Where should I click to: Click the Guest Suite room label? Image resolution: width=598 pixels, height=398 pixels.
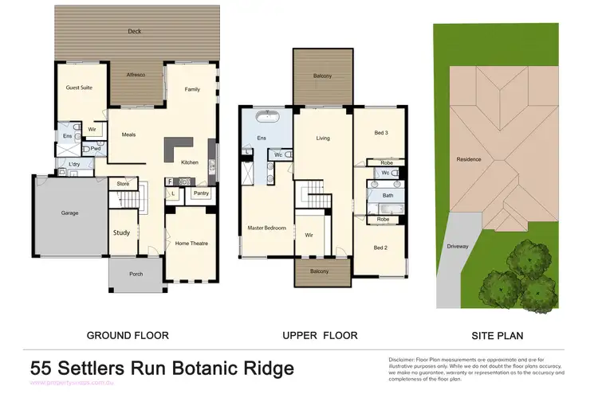[79, 88]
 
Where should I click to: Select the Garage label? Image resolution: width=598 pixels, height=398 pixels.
[69, 213]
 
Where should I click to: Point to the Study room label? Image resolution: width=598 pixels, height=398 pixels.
[121, 233]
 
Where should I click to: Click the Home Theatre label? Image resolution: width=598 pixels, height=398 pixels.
[191, 244]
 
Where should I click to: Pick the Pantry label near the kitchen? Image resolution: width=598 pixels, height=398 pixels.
[201, 193]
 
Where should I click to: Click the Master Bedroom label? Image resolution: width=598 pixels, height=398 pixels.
[266, 228]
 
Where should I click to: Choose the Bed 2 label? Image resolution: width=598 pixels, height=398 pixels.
[382, 248]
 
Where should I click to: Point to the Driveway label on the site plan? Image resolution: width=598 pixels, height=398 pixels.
[458, 246]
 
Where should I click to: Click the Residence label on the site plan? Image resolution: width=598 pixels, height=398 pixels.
[468, 159]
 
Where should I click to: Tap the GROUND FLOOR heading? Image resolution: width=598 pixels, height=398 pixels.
[128, 335]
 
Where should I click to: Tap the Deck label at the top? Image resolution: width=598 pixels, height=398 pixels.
[136, 32]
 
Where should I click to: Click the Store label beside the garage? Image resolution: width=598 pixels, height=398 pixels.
[122, 184]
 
